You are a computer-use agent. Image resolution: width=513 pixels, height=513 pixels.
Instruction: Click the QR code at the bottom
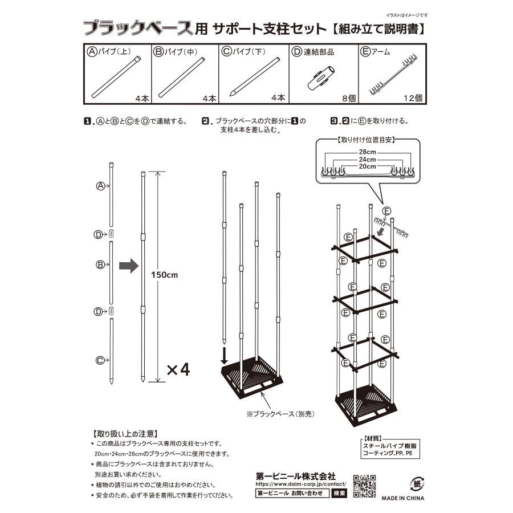coord(365,486)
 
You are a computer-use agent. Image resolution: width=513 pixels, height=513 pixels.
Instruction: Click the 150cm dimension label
coord(164,274)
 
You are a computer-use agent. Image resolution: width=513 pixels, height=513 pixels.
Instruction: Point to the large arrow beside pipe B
coord(128,266)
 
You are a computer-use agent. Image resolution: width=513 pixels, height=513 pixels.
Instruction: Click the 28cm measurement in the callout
coord(367,152)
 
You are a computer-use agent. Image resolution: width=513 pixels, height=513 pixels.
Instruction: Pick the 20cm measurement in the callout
coord(367,166)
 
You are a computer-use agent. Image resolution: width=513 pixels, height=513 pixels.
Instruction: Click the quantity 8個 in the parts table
coord(348,98)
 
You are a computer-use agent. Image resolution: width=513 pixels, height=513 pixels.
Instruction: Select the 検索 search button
coord(339,493)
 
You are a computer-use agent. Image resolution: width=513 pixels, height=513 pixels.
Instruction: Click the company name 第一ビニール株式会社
coord(295,476)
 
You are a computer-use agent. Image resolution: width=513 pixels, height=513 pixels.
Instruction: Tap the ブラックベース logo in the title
coord(145,27)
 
